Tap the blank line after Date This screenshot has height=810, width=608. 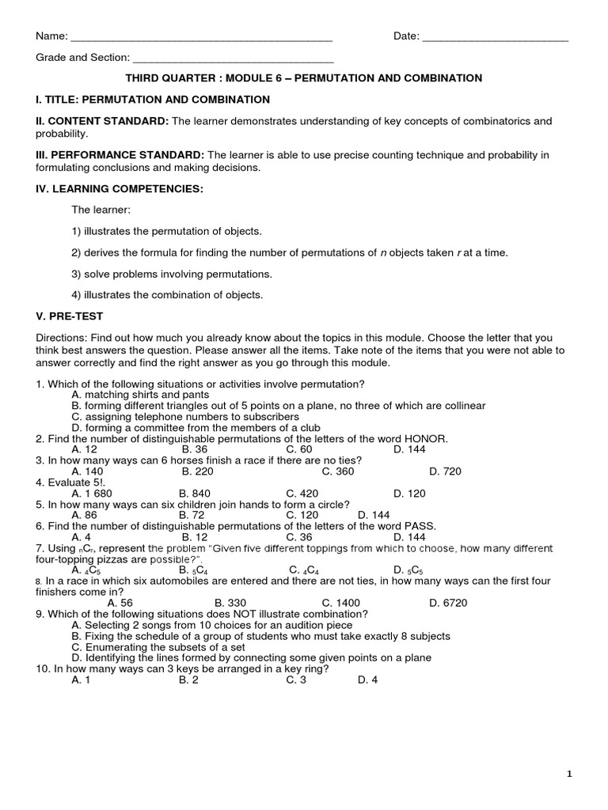point(496,38)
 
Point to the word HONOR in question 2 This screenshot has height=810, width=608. point(428,438)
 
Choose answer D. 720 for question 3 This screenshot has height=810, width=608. point(445,471)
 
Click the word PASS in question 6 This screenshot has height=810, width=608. point(419,526)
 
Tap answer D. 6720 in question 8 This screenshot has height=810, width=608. point(448,602)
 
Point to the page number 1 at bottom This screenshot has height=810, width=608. point(569,775)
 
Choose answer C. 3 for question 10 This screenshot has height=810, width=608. point(296,679)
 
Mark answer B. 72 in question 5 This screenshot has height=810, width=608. point(193,515)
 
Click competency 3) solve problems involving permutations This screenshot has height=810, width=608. point(172,274)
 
